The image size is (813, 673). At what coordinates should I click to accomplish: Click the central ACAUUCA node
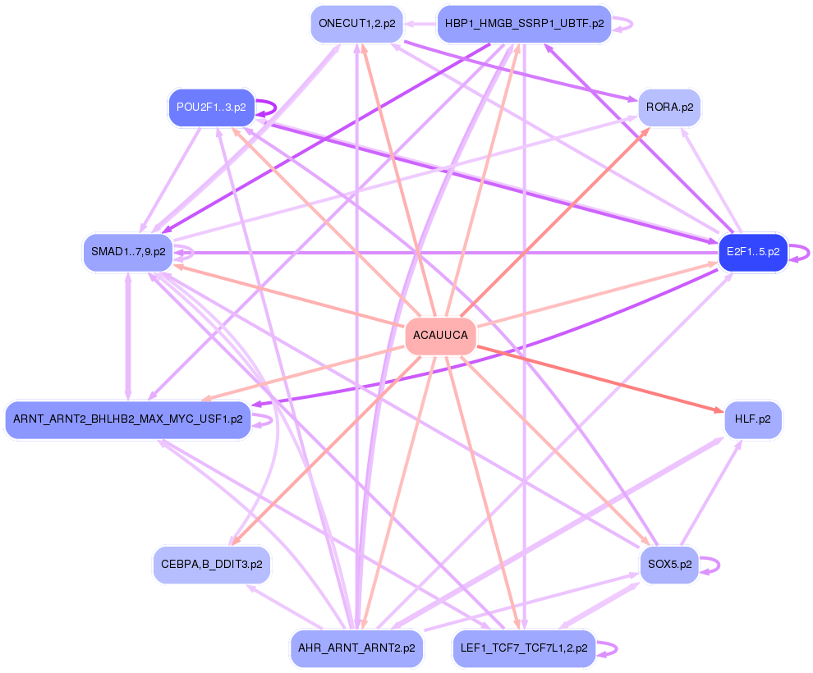[441, 336]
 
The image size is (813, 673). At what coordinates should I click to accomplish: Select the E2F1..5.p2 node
[753, 252]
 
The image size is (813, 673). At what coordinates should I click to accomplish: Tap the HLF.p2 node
[752, 419]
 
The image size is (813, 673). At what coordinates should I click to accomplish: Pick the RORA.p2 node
[669, 108]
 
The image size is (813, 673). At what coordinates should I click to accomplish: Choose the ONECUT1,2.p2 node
[357, 24]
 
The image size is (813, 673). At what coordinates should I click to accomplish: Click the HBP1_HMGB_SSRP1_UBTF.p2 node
[524, 24]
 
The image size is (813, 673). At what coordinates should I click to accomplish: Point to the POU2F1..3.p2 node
[211, 108]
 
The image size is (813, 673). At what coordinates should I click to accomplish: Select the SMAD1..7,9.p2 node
[127, 252]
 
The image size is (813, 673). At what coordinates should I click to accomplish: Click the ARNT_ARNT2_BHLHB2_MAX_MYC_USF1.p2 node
[127, 419]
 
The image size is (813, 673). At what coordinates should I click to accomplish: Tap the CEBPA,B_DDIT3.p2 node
[211, 565]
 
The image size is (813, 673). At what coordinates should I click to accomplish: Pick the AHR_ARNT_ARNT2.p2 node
[357, 648]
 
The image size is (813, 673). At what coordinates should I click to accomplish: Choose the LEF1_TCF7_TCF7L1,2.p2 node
[524, 648]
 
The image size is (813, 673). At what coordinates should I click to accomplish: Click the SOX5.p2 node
[669, 565]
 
